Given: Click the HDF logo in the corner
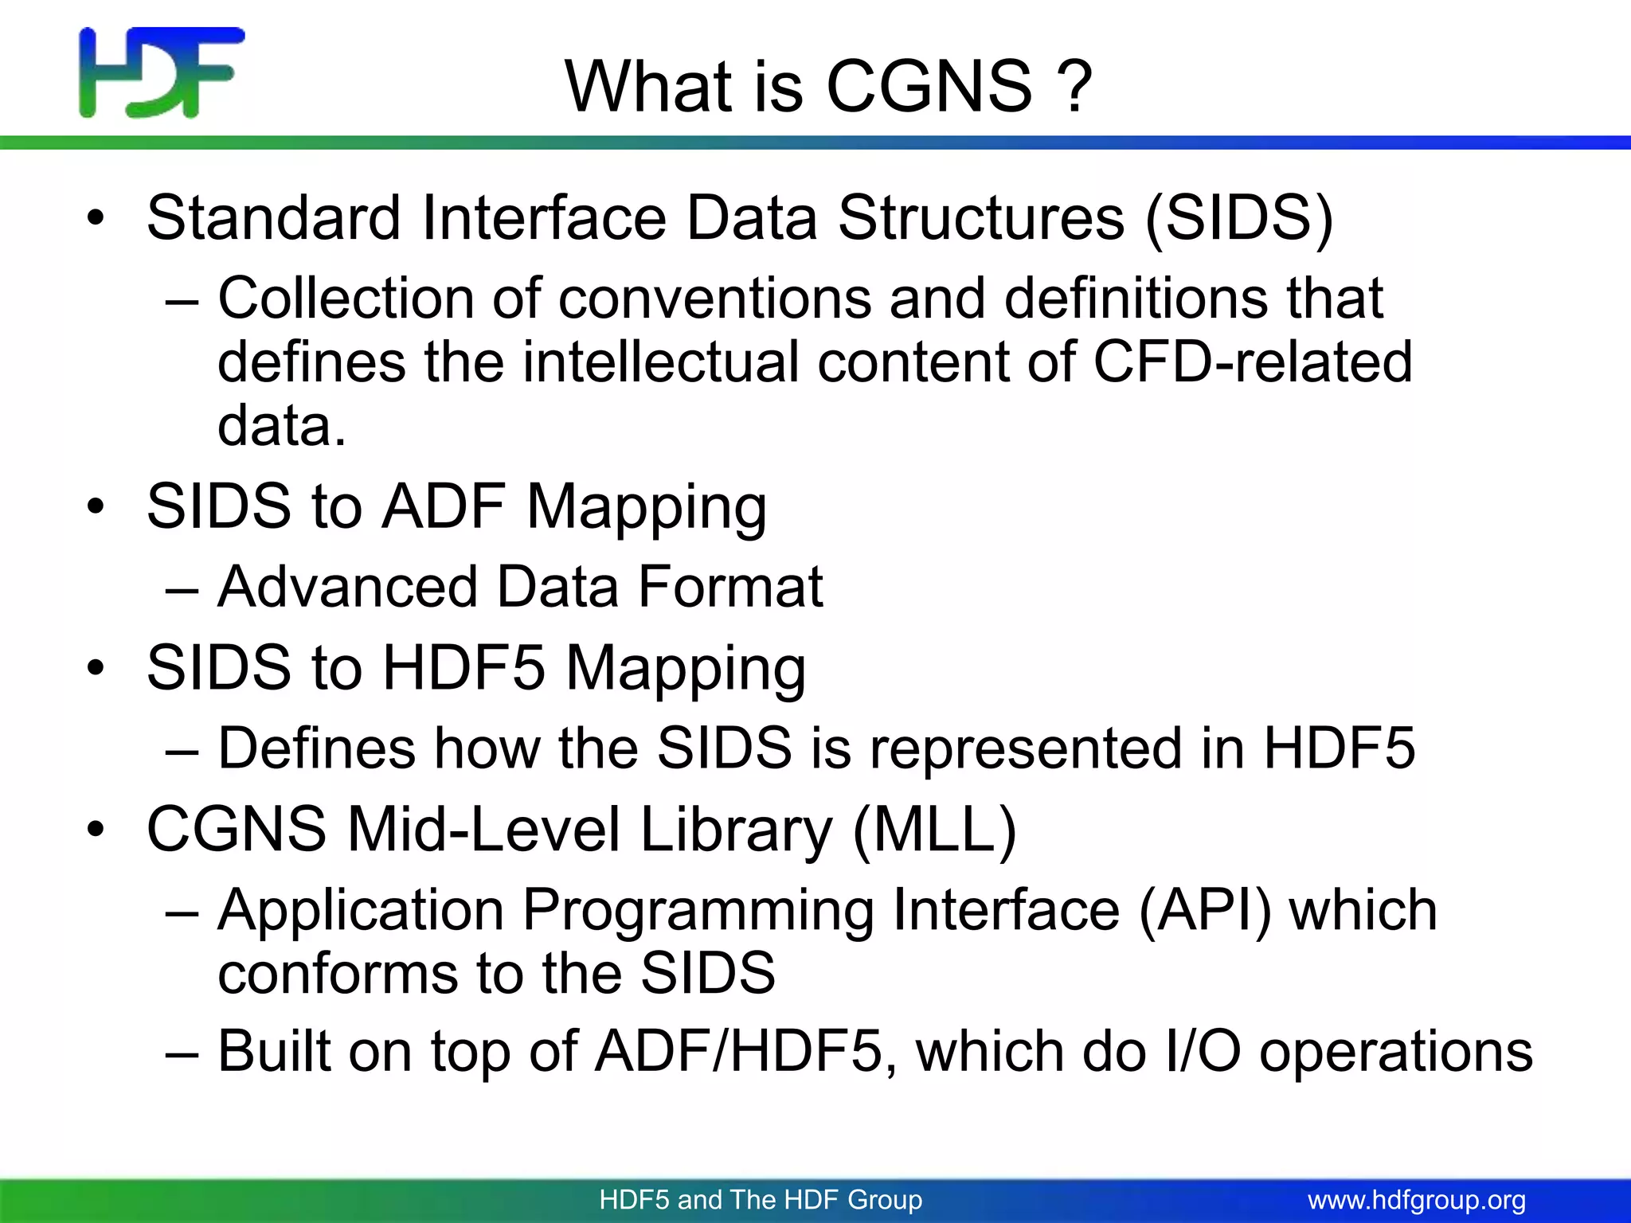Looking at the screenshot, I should coord(162,72).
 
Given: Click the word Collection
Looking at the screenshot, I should coord(346,299).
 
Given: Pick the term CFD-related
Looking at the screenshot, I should coord(1252,362).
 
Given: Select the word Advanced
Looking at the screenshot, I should coord(347,588).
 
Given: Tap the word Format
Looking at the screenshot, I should coord(730,588).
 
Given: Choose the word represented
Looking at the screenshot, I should coord(1026,749).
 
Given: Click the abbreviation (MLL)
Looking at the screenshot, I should coord(934,830).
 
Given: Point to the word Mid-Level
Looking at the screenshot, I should coord(483,830).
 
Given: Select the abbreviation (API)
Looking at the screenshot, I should coord(1205,910).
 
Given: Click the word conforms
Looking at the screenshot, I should coord(338,973).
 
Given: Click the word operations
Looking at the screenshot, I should coord(1395,1052).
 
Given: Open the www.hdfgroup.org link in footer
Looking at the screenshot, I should coord(1417,1200).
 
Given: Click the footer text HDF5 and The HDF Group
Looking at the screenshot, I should coord(761,1200).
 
